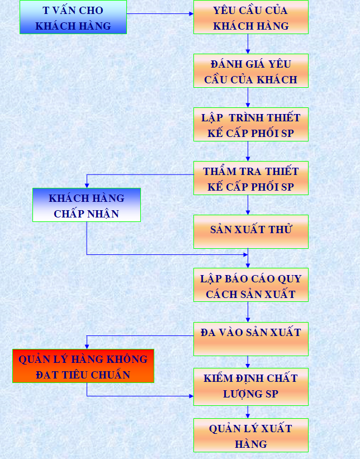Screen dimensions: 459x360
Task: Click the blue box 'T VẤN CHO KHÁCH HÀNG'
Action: [x=73, y=17]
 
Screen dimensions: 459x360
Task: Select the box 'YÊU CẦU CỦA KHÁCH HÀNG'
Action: [x=250, y=17]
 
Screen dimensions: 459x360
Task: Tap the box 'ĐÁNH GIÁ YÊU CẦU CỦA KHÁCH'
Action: [x=250, y=71]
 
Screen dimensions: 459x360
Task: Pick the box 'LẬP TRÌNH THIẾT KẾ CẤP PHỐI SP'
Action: [x=250, y=125]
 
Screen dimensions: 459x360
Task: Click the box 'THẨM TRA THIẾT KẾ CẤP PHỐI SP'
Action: [x=250, y=178]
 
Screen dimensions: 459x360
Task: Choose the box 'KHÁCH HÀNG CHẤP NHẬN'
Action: [x=86, y=205]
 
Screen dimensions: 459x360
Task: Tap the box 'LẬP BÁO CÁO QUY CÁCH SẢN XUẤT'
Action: [x=250, y=285]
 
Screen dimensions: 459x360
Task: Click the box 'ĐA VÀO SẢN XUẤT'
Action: [x=250, y=339]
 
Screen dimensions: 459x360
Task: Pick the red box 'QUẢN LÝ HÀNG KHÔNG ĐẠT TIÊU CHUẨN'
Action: [x=83, y=366]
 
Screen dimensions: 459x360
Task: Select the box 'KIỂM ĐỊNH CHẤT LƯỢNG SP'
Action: [x=250, y=386]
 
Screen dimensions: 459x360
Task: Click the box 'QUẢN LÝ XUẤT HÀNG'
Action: [x=250, y=436]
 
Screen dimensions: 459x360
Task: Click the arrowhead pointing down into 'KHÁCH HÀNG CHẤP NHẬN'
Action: [x=87, y=185]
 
